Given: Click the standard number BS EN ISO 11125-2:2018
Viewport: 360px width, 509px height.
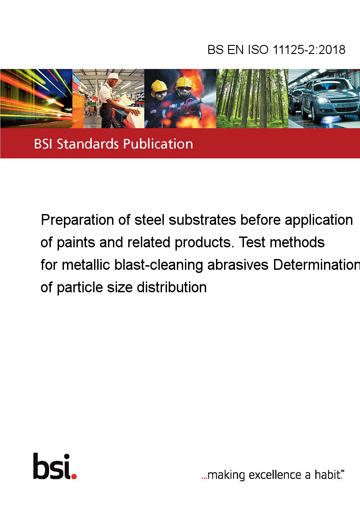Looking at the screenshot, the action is (x=276, y=49).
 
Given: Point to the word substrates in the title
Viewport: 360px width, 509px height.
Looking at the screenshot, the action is (x=202, y=220).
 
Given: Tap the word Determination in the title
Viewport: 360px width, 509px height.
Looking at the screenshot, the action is (x=316, y=265).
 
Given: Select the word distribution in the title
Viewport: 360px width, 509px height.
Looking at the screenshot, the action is (x=171, y=287).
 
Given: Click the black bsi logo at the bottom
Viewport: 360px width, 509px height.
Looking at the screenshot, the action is (x=52, y=466).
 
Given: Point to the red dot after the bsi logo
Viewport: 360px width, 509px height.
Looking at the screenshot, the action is (x=74, y=476).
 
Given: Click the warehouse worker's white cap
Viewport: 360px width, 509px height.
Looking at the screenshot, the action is (x=114, y=76).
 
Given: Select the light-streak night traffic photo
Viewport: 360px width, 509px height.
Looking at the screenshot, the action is (x=36, y=98).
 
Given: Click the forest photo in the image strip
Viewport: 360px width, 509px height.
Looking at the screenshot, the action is (x=252, y=98).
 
